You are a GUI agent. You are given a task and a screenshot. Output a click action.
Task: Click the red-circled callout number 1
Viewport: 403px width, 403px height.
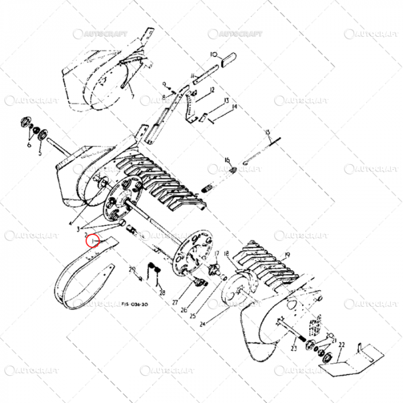click(93, 241)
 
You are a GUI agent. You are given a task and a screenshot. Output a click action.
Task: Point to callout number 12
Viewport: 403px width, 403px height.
click(212, 90)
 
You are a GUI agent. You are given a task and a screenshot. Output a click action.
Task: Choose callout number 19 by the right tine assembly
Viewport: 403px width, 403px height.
click(287, 254)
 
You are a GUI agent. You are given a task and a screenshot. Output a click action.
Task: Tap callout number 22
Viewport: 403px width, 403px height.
click(341, 345)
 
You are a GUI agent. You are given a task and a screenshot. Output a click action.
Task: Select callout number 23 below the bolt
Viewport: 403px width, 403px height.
click(294, 348)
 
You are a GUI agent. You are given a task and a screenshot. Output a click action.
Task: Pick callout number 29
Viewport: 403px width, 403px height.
click(132, 268)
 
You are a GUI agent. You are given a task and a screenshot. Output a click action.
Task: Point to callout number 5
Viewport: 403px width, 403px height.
click(40, 154)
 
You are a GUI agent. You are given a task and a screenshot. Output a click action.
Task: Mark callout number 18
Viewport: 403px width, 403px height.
click(226, 254)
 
